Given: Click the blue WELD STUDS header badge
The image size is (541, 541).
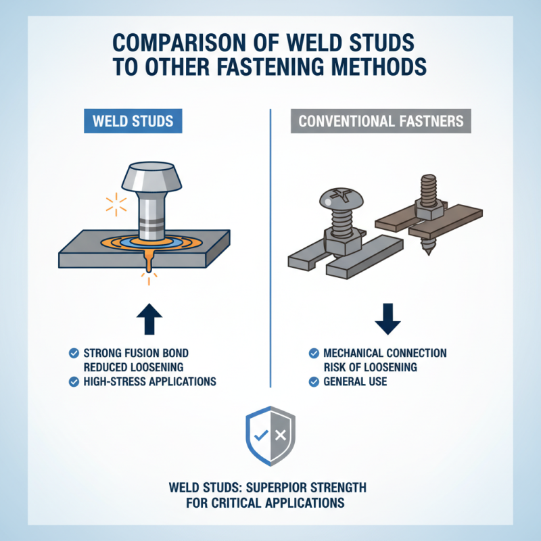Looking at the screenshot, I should click(x=133, y=122).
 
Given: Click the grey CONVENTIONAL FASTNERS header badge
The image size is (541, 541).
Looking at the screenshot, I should click(x=381, y=122).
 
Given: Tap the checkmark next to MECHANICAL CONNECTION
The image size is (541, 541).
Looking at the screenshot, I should click(x=313, y=353).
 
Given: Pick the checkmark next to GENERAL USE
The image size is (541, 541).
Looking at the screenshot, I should click(x=313, y=381).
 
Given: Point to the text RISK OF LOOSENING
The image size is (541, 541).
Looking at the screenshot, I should click(x=371, y=367).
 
